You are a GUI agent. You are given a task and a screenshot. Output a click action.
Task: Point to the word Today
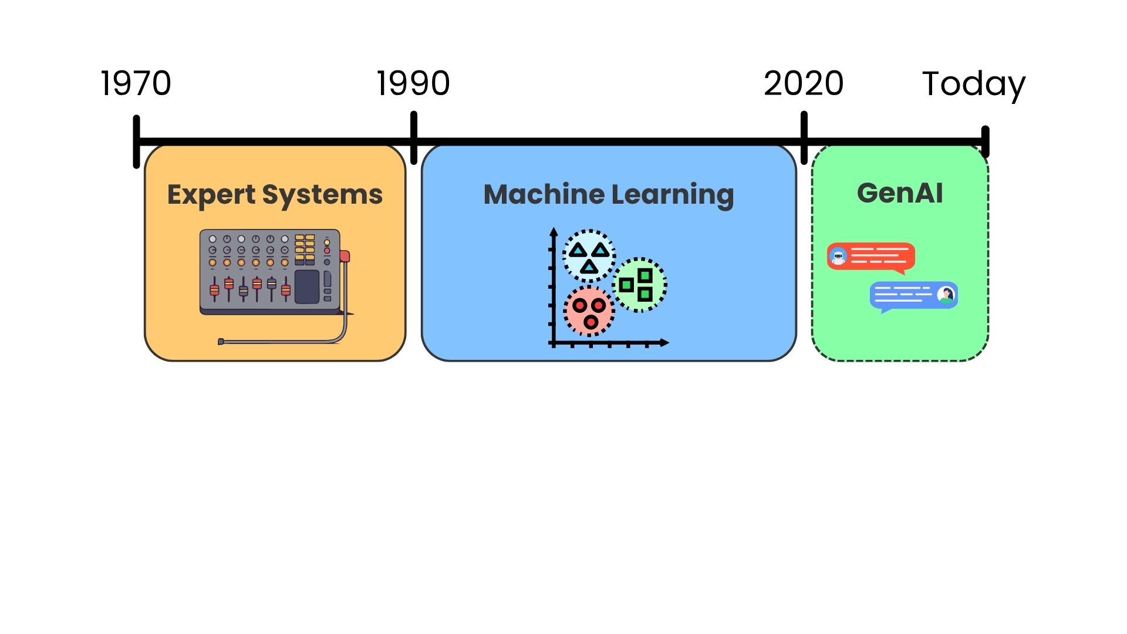[973, 84]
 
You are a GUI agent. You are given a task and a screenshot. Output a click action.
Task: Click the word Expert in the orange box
[211, 195]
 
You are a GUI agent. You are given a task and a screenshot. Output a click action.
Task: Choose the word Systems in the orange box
[322, 195]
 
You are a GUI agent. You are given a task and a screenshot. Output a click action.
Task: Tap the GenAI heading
[900, 193]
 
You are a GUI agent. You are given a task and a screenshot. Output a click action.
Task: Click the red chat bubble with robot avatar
[871, 257]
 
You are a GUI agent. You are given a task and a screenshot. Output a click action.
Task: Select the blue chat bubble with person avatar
[913, 295]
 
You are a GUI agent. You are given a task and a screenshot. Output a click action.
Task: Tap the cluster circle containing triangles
[589, 256]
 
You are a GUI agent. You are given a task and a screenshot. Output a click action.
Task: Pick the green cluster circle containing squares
[640, 285]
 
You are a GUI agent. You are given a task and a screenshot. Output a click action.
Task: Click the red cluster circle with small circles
[589, 311]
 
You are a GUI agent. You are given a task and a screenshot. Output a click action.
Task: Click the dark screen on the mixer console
[306, 287]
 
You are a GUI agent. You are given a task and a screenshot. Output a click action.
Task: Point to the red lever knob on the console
[345, 256]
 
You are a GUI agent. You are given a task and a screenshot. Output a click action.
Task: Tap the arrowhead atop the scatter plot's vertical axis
[553, 232]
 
